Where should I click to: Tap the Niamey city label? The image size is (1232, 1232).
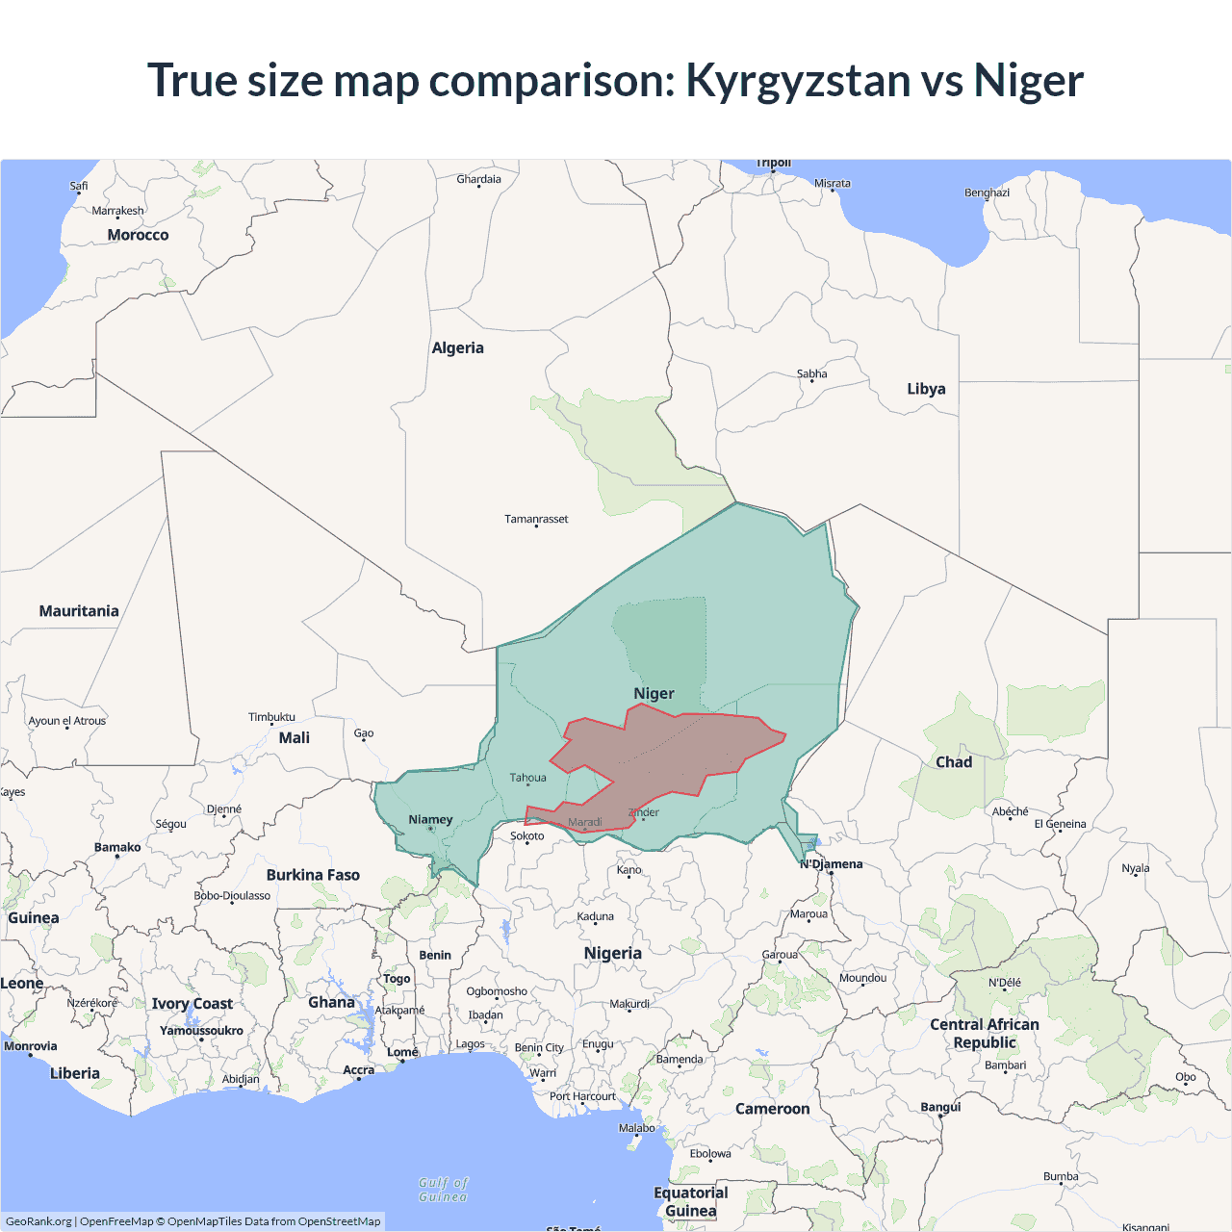click(430, 820)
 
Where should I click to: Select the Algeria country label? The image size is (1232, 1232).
click(457, 348)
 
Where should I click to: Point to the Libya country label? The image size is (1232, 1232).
click(926, 389)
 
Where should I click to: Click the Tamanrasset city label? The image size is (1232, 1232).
click(536, 519)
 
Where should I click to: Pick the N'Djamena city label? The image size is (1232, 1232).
click(832, 863)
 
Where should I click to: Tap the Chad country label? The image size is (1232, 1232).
click(954, 762)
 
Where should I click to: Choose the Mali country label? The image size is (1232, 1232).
click(295, 738)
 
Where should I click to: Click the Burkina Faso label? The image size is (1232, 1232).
click(313, 875)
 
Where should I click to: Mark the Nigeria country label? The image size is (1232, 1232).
click(612, 953)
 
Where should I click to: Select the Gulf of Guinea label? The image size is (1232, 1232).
click(444, 1190)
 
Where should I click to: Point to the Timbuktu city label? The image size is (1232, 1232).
click(271, 717)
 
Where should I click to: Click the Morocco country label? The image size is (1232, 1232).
click(138, 235)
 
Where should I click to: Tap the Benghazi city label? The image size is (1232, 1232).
click(987, 192)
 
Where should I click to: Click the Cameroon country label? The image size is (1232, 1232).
click(772, 1109)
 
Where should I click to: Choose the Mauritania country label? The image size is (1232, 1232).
click(79, 611)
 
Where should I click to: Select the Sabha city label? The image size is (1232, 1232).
click(811, 373)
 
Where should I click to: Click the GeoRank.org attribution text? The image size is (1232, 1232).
click(38, 1221)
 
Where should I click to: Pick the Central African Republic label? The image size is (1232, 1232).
click(984, 1034)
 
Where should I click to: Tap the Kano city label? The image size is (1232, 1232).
click(629, 870)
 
